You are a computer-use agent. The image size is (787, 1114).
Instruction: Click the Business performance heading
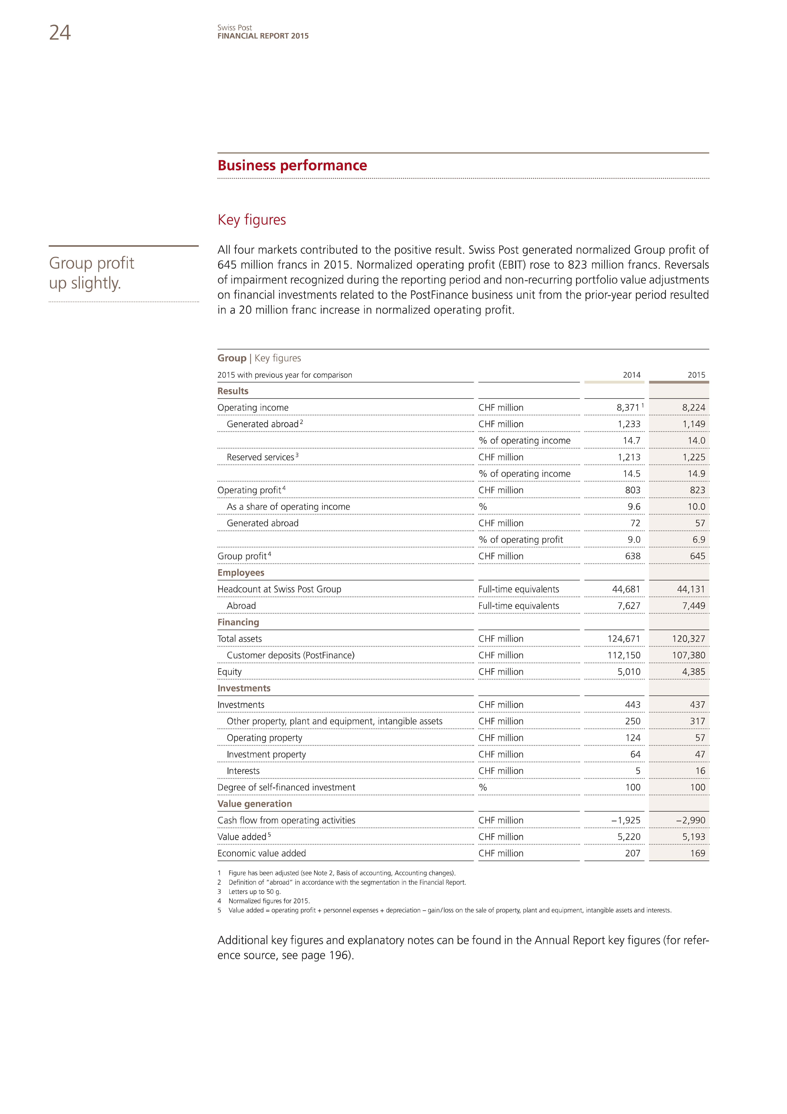pyautogui.click(x=292, y=165)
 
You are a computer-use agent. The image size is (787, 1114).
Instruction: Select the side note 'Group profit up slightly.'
pyautogui.click(x=92, y=273)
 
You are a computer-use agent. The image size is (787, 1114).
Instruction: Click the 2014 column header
pyautogui.click(x=631, y=375)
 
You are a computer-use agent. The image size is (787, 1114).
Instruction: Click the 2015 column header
pyautogui.click(x=696, y=375)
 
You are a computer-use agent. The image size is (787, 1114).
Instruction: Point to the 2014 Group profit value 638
pyautogui.click(x=633, y=556)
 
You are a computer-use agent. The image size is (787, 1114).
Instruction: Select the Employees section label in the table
pyautogui.click(x=241, y=572)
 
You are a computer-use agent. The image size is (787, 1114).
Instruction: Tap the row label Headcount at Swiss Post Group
pyautogui.click(x=279, y=589)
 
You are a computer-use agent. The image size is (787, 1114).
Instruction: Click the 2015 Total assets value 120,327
pyautogui.click(x=688, y=639)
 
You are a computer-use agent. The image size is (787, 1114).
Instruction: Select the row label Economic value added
pyautogui.click(x=262, y=853)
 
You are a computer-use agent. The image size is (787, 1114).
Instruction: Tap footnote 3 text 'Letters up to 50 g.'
pyautogui.click(x=254, y=891)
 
